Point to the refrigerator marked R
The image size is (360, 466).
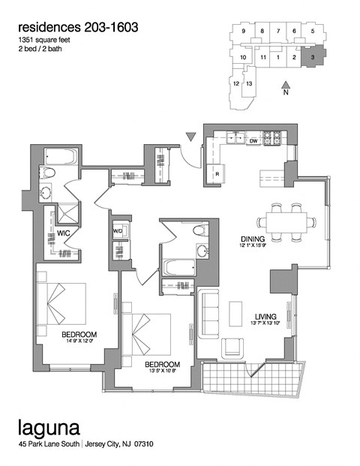tap(217, 174)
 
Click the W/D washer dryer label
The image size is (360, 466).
tap(118, 231)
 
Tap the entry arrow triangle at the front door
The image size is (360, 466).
tap(191, 137)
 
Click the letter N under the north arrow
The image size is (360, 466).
tap(286, 95)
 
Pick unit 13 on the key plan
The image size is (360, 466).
tap(249, 83)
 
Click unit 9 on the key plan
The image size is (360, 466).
tap(244, 31)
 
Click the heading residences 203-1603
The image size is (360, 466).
tap(78, 27)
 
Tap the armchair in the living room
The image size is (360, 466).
tap(233, 347)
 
